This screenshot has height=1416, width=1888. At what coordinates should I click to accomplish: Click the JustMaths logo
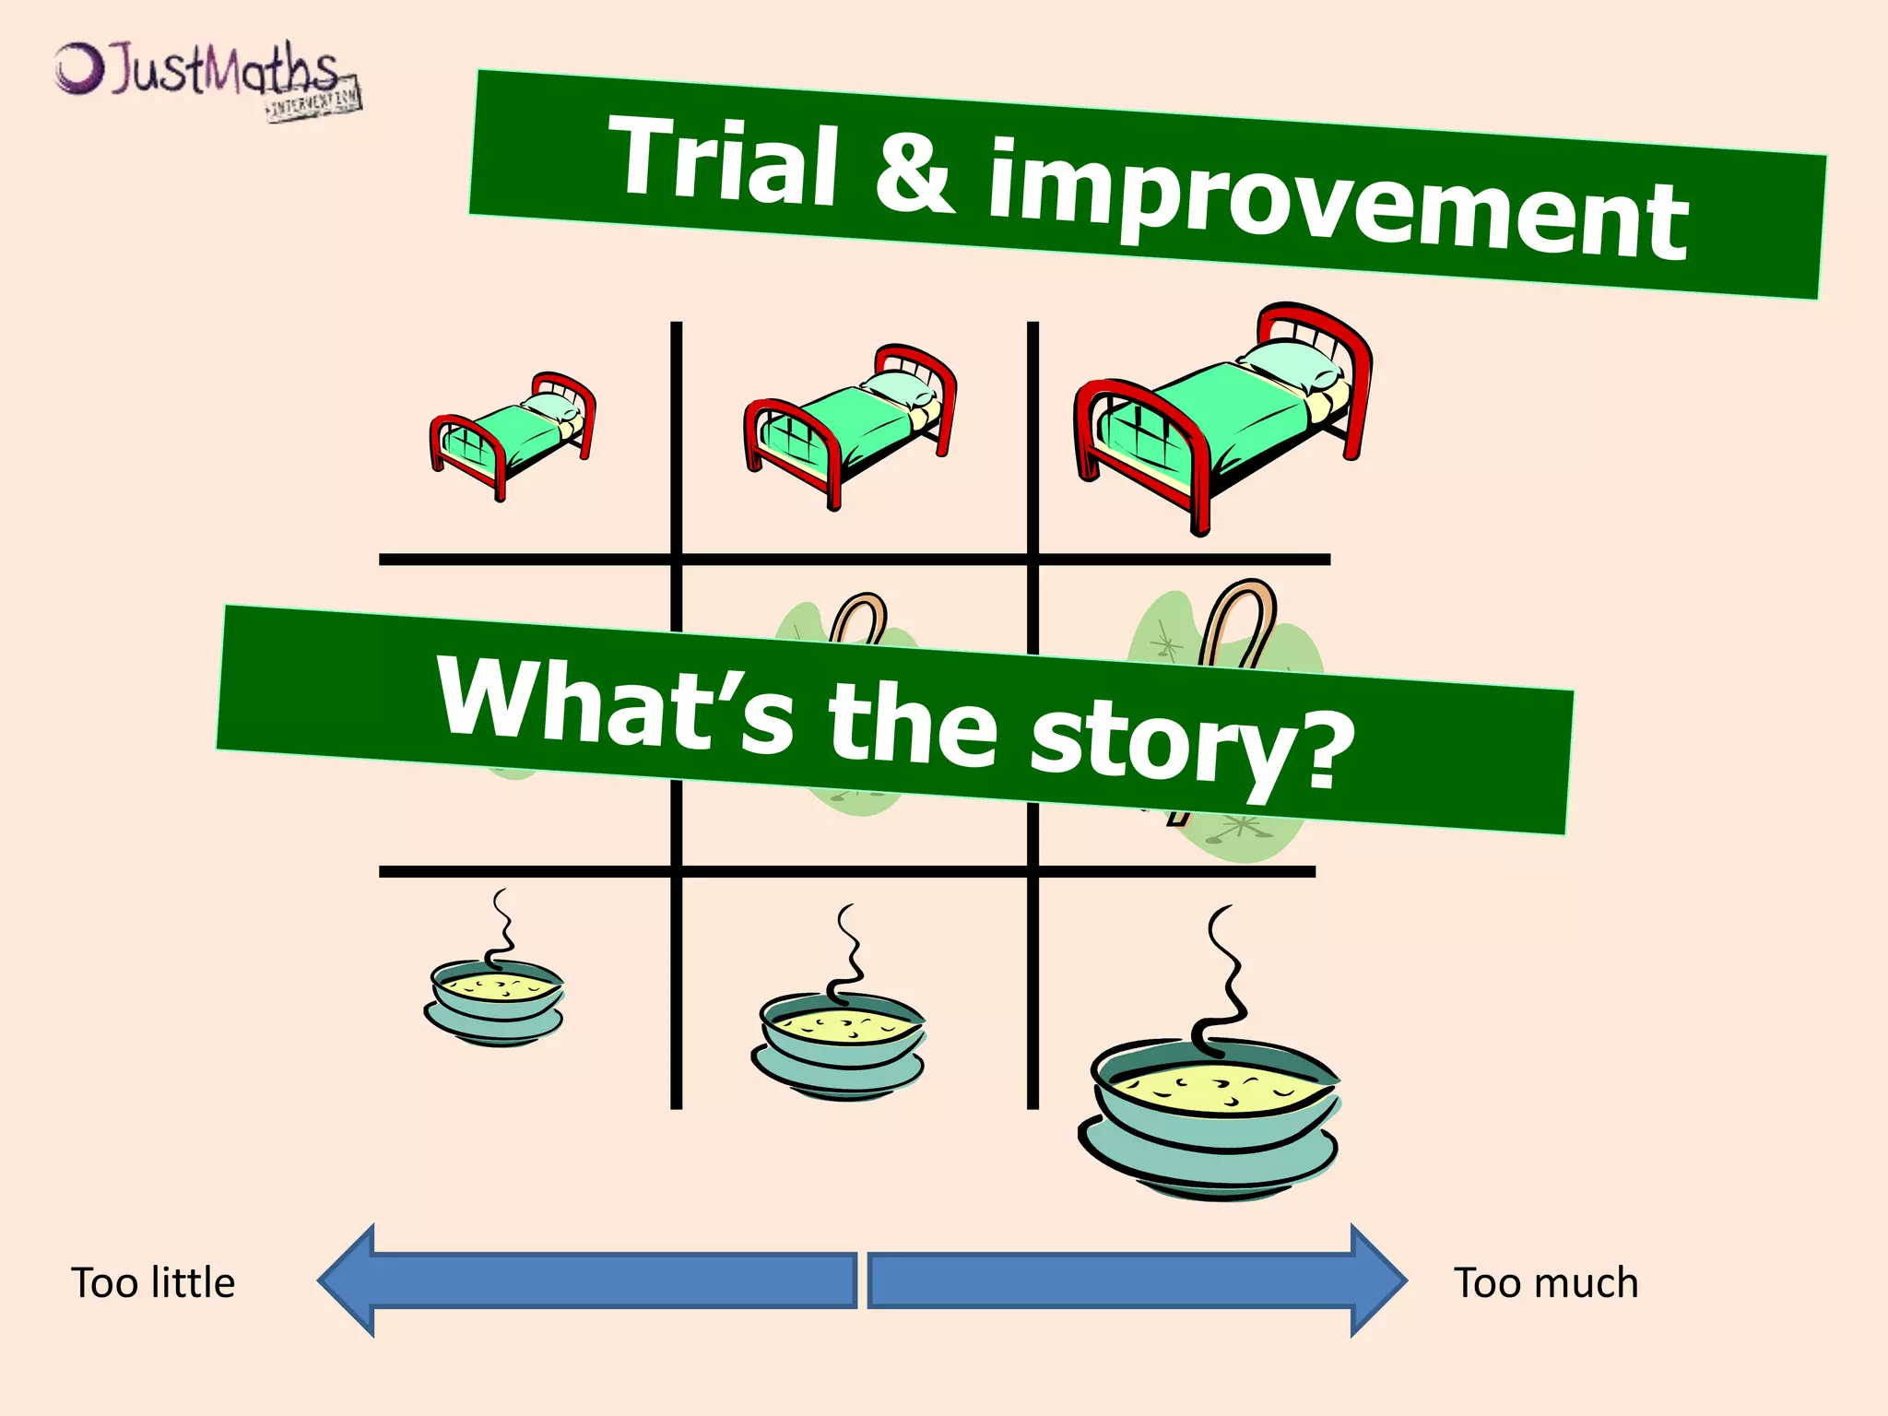coord(206,78)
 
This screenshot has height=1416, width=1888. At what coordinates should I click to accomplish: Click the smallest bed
coord(512,433)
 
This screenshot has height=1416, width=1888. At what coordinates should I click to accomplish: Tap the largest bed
coord(1222,415)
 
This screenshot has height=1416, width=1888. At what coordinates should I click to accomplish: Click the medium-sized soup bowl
coord(840,1046)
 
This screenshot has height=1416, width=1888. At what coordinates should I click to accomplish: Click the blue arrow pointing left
coord(590,1280)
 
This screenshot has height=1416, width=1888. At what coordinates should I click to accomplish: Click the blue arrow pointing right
coord(1134,1280)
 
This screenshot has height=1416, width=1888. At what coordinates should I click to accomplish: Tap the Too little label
coord(153,1283)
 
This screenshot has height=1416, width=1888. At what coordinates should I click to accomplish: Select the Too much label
coord(1546,1283)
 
